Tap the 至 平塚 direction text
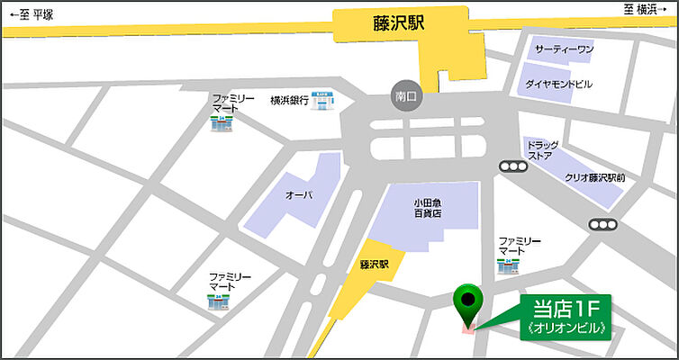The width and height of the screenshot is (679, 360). pyautogui.click(x=32, y=14)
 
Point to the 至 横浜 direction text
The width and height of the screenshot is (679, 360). pyautogui.click(x=646, y=10)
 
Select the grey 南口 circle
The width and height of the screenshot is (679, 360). pyautogui.click(x=403, y=94)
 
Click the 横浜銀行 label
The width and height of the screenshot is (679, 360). pyautogui.click(x=289, y=101)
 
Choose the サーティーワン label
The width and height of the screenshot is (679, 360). pyautogui.click(x=563, y=49)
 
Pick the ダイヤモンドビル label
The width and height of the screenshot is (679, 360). pyautogui.click(x=559, y=84)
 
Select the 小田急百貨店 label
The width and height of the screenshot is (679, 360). pyautogui.click(x=428, y=208)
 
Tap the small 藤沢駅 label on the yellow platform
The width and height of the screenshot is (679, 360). pyautogui.click(x=373, y=265)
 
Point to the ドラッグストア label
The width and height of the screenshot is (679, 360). pyautogui.click(x=542, y=150)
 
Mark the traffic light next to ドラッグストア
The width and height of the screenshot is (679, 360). pyautogui.click(x=512, y=166)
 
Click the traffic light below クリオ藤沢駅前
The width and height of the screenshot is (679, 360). pyautogui.click(x=602, y=224)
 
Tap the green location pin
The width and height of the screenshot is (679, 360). pyautogui.click(x=467, y=301)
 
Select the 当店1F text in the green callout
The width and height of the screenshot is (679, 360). pyautogui.click(x=566, y=307)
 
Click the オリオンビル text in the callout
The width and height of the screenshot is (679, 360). pyautogui.click(x=566, y=328)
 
